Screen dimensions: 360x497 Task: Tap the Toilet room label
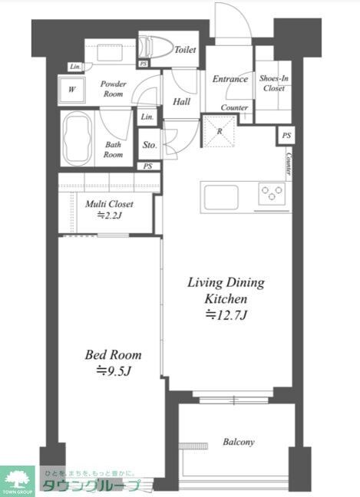click(x=185, y=49)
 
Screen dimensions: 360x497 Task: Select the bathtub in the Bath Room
click(x=78, y=138)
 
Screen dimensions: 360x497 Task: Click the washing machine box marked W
click(x=71, y=90)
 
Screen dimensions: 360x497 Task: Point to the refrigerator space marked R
click(x=220, y=131)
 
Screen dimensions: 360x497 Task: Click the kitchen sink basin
click(x=221, y=197)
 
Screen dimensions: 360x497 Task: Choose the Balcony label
click(x=239, y=442)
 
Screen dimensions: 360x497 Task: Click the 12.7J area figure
click(x=226, y=315)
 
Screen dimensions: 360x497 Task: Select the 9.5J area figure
click(x=114, y=371)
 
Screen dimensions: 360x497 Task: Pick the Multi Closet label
click(x=109, y=204)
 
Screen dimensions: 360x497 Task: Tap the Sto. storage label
click(x=150, y=145)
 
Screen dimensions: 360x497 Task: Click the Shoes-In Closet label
click(x=274, y=83)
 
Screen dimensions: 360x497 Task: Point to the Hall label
click(x=181, y=101)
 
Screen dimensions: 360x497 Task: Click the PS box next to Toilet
click(x=144, y=64)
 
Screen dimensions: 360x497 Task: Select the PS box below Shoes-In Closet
click(x=286, y=135)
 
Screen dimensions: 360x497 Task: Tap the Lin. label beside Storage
click(x=147, y=117)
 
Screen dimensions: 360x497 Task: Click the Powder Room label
click(x=114, y=89)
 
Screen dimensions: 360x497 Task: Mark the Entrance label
click(x=230, y=79)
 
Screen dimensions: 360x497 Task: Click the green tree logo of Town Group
click(x=18, y=478)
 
